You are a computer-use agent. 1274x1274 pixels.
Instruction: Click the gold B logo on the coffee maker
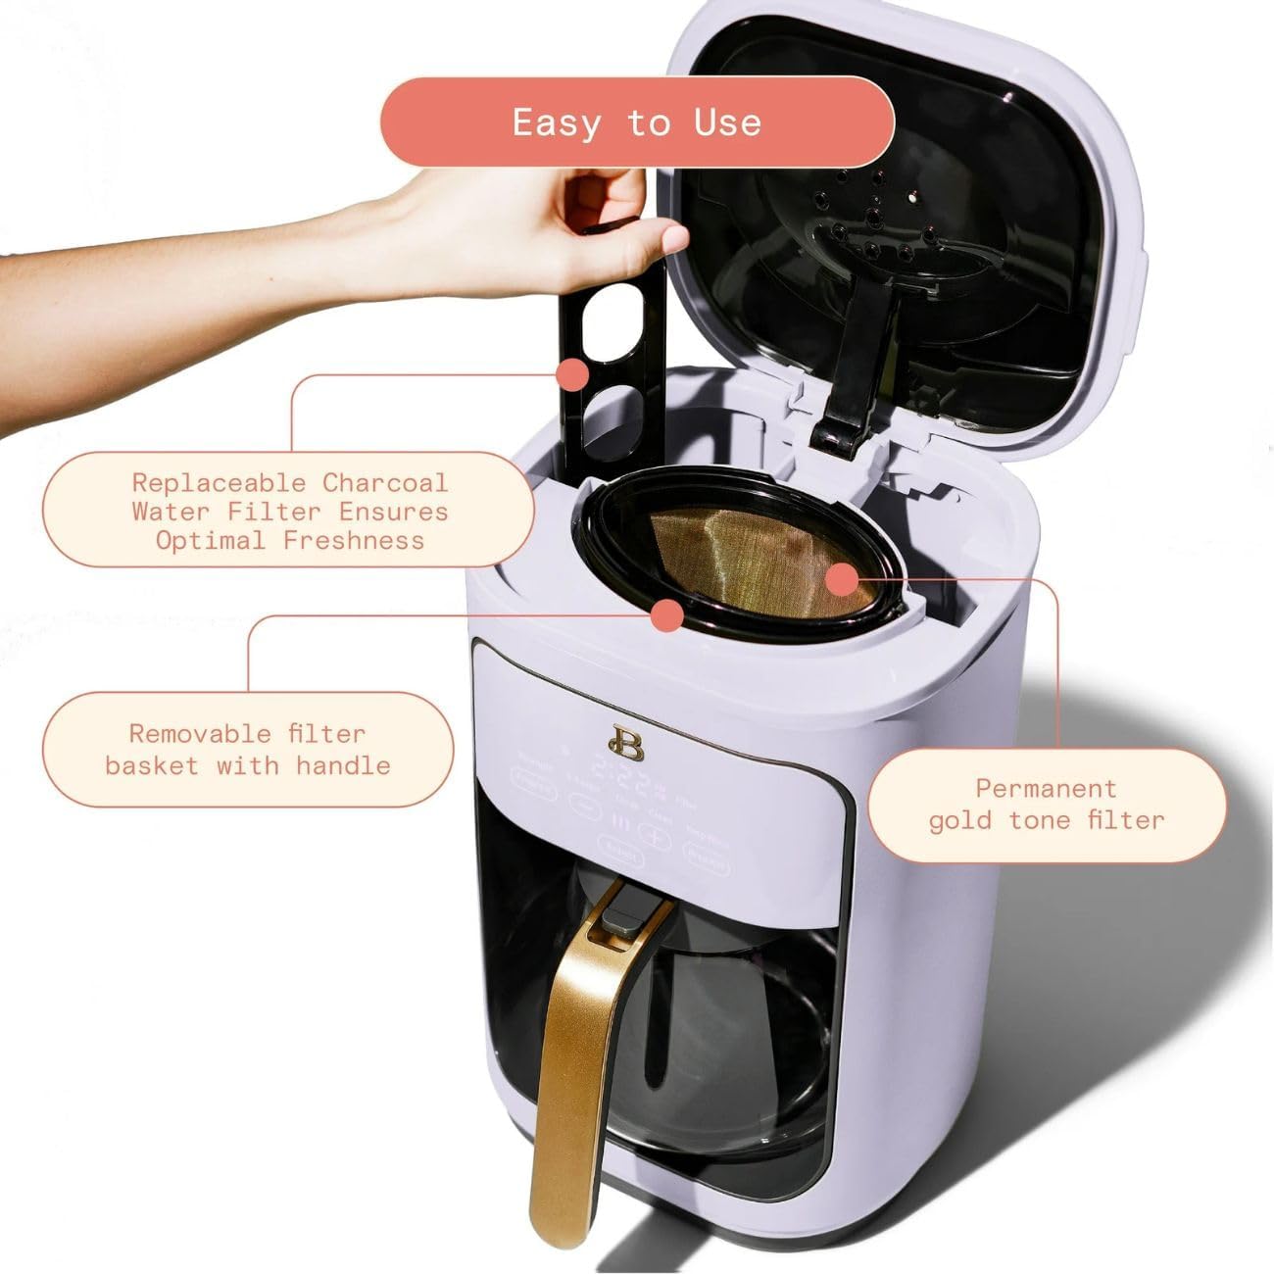pyautogui.click(x=619, y=740)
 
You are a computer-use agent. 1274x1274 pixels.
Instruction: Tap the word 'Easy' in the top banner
pyautogui.click(x=556, y=122)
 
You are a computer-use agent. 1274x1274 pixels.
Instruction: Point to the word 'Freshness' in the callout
pyautogui.click(x=354, y=540)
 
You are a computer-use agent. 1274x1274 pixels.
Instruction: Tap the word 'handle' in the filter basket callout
pyautogui.click(x=342, y=765)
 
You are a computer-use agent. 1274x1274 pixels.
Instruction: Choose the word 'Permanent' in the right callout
pyautogui.click(x=1046, y=788)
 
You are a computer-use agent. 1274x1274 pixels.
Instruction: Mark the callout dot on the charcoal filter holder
pyautogui.click(x=571, y=374)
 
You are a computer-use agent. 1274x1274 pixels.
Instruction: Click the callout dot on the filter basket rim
pyautogui.click(x=667, y=615)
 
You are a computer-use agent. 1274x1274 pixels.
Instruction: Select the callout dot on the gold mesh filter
pyautogui.click(x=842, y=580)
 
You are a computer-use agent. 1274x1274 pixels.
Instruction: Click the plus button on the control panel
pyautogui.click(x=653, y=834)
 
